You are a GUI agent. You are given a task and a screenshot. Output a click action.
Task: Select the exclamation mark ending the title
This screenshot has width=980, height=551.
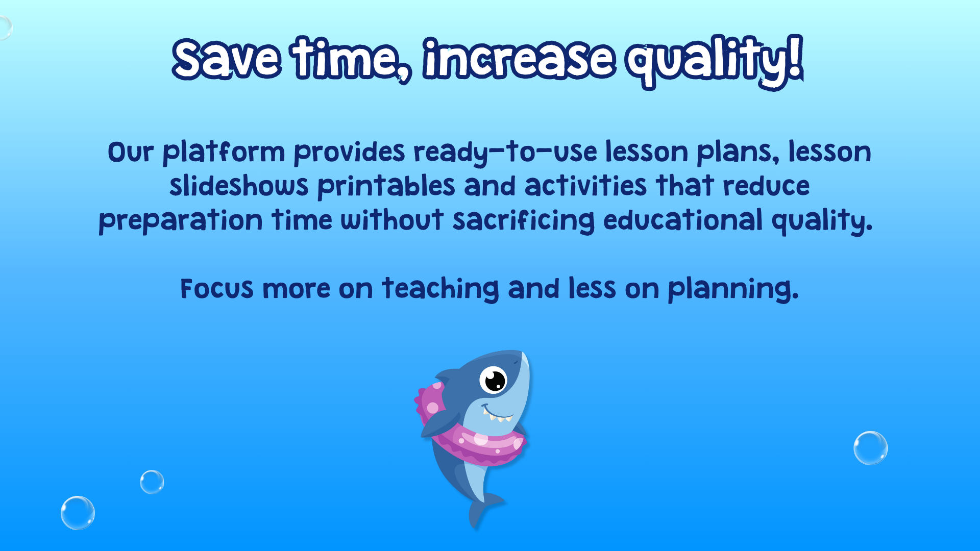(795, 57)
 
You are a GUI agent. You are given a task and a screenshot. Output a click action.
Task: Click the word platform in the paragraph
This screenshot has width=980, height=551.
(224, 153)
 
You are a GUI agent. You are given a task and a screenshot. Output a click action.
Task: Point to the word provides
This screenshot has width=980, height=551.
(349, 153)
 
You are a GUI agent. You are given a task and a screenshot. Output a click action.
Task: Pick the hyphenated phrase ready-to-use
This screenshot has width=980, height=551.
(505, 153)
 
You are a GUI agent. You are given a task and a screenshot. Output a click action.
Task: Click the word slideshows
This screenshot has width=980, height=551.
(239, 185)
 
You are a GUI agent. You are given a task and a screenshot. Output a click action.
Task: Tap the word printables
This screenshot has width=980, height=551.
(386, 186)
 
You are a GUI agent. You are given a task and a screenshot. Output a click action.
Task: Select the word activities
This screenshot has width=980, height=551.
(585, 185)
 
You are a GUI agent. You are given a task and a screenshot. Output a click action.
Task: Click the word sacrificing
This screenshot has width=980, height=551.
(524, 220)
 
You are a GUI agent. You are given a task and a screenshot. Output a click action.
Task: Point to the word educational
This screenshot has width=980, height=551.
(683, 219)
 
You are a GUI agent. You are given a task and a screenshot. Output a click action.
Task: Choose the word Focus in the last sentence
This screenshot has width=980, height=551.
(217, 289)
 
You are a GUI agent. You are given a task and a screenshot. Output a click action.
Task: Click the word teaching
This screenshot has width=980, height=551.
(440, 289)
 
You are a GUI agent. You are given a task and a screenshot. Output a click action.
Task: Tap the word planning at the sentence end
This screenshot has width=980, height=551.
(733, 289)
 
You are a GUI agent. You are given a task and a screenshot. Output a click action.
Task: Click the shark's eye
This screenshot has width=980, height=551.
(494, 380)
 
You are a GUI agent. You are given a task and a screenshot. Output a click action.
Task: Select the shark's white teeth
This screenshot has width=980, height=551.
(497, 417)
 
